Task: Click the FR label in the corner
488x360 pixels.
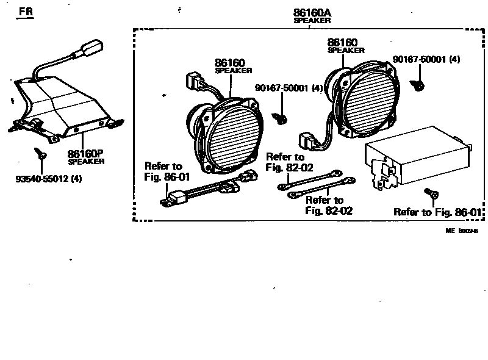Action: click(26, 12)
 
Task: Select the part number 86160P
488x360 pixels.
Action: click(85, 154)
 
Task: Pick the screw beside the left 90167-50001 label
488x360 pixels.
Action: click(281, 117)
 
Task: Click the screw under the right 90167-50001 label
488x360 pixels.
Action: click(419, 85)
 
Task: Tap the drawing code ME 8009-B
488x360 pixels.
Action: click(461, 231)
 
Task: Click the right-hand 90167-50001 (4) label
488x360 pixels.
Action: click(426, 59)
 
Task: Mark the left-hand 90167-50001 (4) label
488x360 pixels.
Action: click(289, 88)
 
